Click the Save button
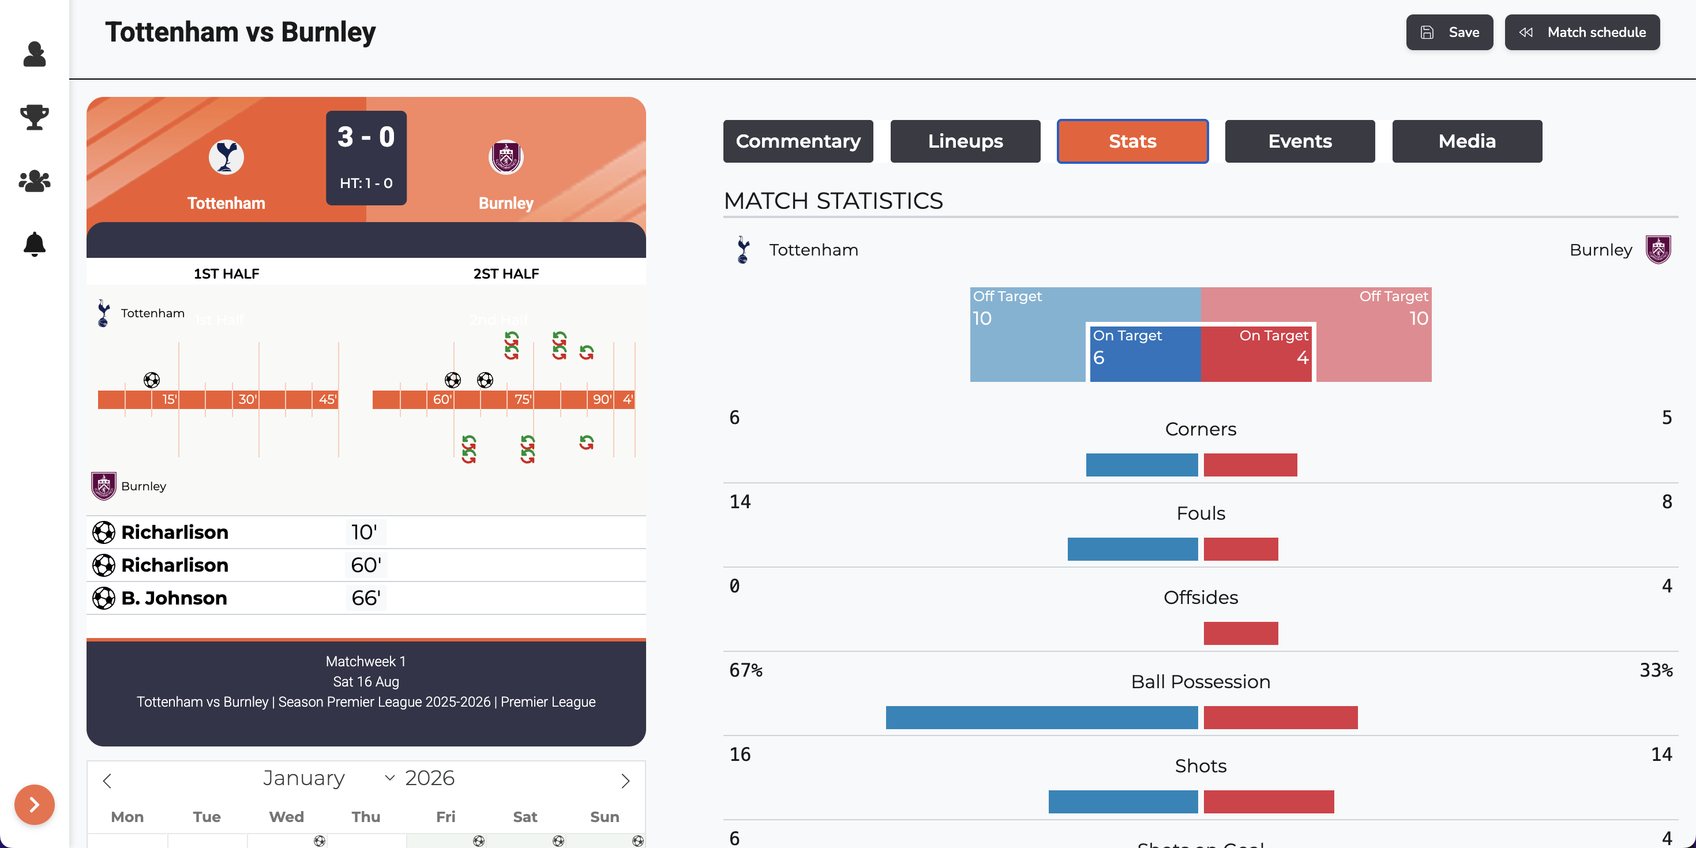[x=1449, y=32]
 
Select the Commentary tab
[x=798, y=141]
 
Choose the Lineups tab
[x=965, y=141]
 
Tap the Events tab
[x=1300, y=141]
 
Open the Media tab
[x=1467, y=141]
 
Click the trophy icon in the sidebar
[x=34, y=117]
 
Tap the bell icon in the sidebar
[x=34, y=244]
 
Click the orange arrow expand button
[x=34, y=805]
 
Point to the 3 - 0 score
[x=366, y=137]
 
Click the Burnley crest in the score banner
[x=506, y=157]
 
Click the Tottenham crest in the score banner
[x=226, y=157]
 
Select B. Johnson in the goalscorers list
[x=174, y=598]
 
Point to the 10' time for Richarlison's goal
[x=364, y=532]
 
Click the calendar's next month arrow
[x=625, y=781]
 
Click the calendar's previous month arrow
[x=107, y=781]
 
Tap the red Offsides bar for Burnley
[x=1240, y=633]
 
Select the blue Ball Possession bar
[x=1042, y=718]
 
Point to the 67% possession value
[x=746, y=670]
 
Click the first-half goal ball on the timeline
[x=151, y=380]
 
